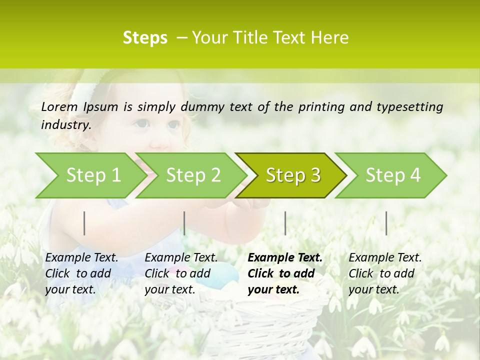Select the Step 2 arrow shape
click(x=193, y=175)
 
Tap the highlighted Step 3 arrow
click(x=293, y=175)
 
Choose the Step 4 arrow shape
click(x=393, y=175)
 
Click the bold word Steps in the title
click(x=145, y=38)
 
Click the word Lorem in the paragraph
click(x=59, y=106)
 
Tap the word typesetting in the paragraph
click(x=410, y=107)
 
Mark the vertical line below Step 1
click(x=84, y=223)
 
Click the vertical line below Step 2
click(x=184, y=223)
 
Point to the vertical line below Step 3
click(x=285, y=223)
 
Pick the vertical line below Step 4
click(x=386, y=223)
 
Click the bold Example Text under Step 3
click(x=285, y=258)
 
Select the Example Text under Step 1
click(x=81, y=258)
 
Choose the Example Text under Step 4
click(x=385, y=258)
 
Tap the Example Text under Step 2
click(x=181, y=258)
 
